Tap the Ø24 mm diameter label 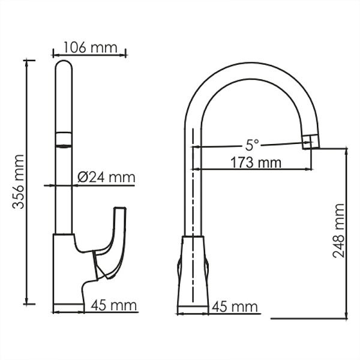coord(107,177)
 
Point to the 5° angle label coord(252,145)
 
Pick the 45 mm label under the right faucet coord(235,307)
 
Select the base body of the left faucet coord(67,270)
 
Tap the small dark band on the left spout coord(63,139)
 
